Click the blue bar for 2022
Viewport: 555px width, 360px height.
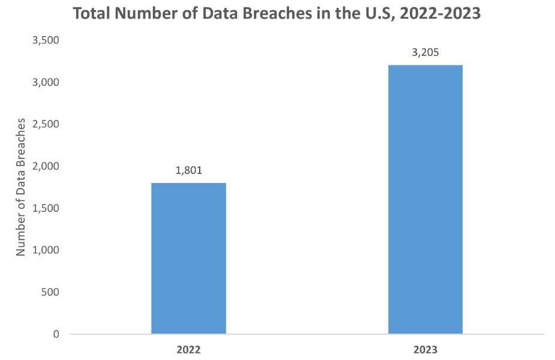188,258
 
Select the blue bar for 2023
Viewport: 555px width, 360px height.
425,199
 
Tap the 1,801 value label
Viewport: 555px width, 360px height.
188,170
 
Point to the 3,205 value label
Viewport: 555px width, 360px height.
425,52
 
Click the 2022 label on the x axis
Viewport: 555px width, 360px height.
188,349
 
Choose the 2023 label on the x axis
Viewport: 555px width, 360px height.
425,349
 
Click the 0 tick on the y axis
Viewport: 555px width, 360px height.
56,334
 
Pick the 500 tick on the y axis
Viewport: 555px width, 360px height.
51,292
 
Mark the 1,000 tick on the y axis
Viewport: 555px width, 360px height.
47,250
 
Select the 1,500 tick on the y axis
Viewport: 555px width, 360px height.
47,208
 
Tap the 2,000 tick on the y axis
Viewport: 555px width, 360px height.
47,166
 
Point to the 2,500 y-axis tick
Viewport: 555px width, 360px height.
47,124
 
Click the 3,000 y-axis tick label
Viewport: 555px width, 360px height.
47,82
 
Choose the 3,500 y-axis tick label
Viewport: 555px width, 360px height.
47,40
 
